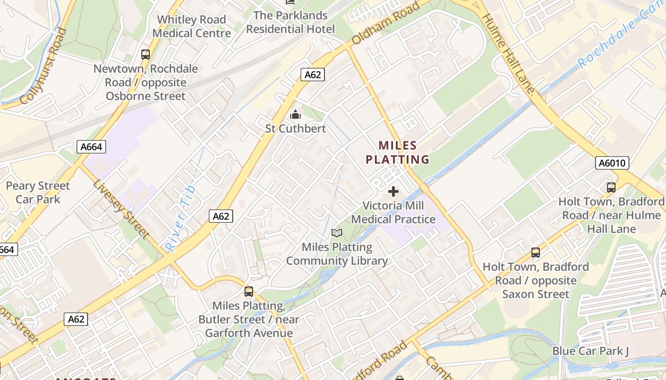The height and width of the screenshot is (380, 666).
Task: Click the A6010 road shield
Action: point(612,163)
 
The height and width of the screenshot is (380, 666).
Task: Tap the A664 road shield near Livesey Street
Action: point(91,147)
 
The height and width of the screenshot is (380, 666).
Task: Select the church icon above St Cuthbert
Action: point(295,114)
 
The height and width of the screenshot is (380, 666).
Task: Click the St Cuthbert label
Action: point(295,129)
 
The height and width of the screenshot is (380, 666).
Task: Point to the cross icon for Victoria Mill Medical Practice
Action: point(393,191)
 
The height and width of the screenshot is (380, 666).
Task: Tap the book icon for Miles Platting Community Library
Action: point(337,233)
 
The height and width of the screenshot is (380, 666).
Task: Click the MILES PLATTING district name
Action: point(397,152)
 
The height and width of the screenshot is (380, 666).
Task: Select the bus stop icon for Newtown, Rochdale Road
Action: point(146,55)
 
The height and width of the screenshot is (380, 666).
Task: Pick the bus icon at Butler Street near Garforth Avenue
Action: point(249,291)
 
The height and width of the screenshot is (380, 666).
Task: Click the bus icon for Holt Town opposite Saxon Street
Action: point(536,253)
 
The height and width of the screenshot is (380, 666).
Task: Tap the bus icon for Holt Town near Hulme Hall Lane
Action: point(611,188)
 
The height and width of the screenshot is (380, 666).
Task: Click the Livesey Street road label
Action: point(121,209)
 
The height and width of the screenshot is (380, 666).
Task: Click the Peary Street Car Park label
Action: point(38,192)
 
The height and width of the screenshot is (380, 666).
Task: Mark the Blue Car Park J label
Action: point(590,351)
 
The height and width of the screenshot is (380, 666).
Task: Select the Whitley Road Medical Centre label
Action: point(192,27)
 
